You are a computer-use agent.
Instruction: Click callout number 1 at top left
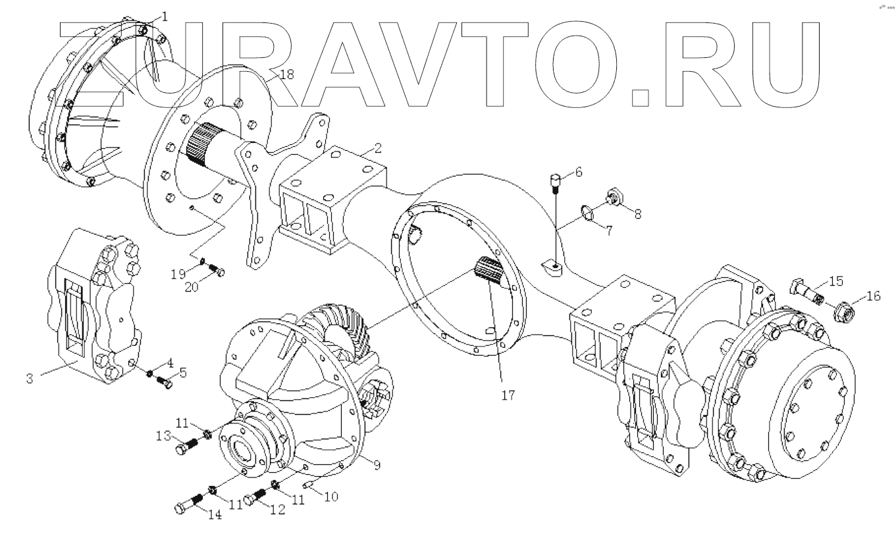[x=164, y=16]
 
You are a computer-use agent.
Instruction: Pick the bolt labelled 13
[x=188, y=446]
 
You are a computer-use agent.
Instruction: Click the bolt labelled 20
[x=215, y=269]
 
